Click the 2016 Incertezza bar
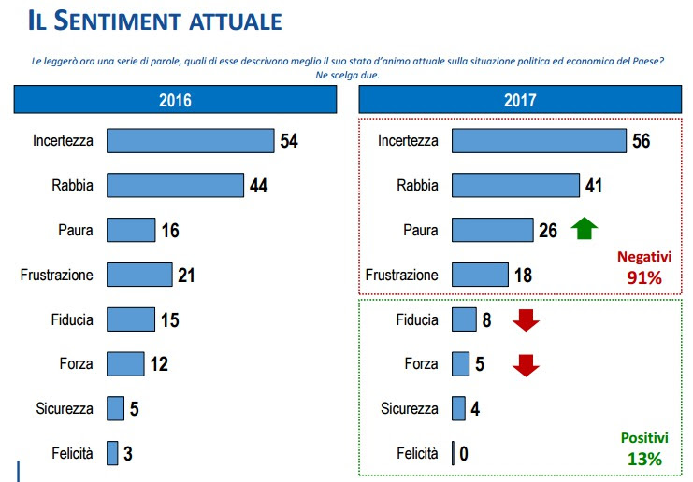click(x=190, y=141)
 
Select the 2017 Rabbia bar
click(x=515, y=185)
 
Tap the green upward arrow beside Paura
click(x=584, y=229)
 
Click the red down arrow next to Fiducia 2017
click(x=527, y=320)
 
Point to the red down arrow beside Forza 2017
click(x=527, y=364)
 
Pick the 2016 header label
click(x=175, y=100)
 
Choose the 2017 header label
click(x=520, y=100)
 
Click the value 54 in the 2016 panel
click(x=288, y=141)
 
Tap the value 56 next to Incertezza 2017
click(x=641, y=141)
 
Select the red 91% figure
click(x=644, y=277)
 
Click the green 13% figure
click(x=644, y=459)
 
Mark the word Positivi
click(x=644, y=438)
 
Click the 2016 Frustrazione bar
click(x=139, y=275)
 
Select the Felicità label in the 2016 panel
click(x=72, y=454)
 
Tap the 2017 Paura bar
click(x=492, y=230)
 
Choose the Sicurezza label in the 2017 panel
click(x=409, y=409)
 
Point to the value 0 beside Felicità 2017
click(x=464, y=454)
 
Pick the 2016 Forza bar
click(x=125, y=363)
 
